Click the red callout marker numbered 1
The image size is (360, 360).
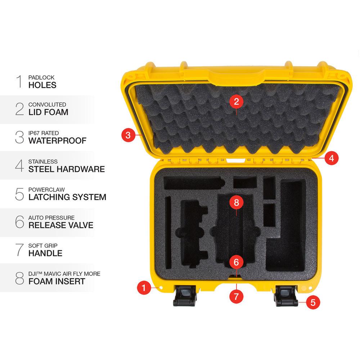click(x=144, y=288)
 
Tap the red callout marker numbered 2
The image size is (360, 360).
click(x=236, y=102)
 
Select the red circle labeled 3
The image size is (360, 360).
click(x=128, y=135)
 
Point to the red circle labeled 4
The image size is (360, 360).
click(x=331, y=158)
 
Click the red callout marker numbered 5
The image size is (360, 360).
click(x=313, y=302)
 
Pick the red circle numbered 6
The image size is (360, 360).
click(x=236, y=262)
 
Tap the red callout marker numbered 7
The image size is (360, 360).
click(x=236, y=296)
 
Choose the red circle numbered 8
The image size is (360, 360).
click(x=236, y=202)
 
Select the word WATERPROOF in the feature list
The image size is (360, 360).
click(x=58, y=141)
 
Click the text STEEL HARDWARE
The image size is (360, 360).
click(x=67, y=169)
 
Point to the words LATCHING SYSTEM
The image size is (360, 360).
click(x=67, y=197)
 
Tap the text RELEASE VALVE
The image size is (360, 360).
click(x=61, y=225)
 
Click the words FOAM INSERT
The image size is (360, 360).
click(x=57, y=282)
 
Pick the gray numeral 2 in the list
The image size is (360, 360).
click(x=19, y=109)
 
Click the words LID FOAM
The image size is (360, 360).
click(x=48, y=112)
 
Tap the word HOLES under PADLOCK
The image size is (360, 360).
click(x=42, y=85)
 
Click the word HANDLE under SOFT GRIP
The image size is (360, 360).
click(x=45, y=253)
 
